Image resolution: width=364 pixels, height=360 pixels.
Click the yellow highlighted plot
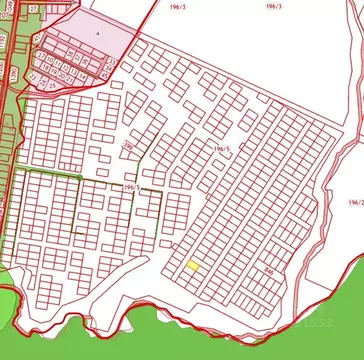coord(193,265)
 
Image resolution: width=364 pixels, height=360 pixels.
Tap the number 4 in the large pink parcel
coord(98,33)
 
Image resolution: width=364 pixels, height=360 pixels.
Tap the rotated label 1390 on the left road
coord(14,73)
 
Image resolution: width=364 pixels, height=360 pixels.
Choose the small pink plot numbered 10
coord(50,60)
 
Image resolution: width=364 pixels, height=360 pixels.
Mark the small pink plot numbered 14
coord(83,76)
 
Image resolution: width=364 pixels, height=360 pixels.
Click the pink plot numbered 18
coord(45,68)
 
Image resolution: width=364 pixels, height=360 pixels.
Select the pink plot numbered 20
coord(61,76)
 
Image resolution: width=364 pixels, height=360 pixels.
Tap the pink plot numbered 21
coord(69,79)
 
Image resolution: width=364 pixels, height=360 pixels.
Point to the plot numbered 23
coord(33,77)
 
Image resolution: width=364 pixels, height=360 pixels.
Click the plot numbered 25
coord(52,86)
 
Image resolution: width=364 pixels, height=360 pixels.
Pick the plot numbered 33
coord(112,61)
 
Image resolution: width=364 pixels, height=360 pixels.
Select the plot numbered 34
coord(108,68)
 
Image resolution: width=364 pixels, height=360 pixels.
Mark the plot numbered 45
coord(105,76)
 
